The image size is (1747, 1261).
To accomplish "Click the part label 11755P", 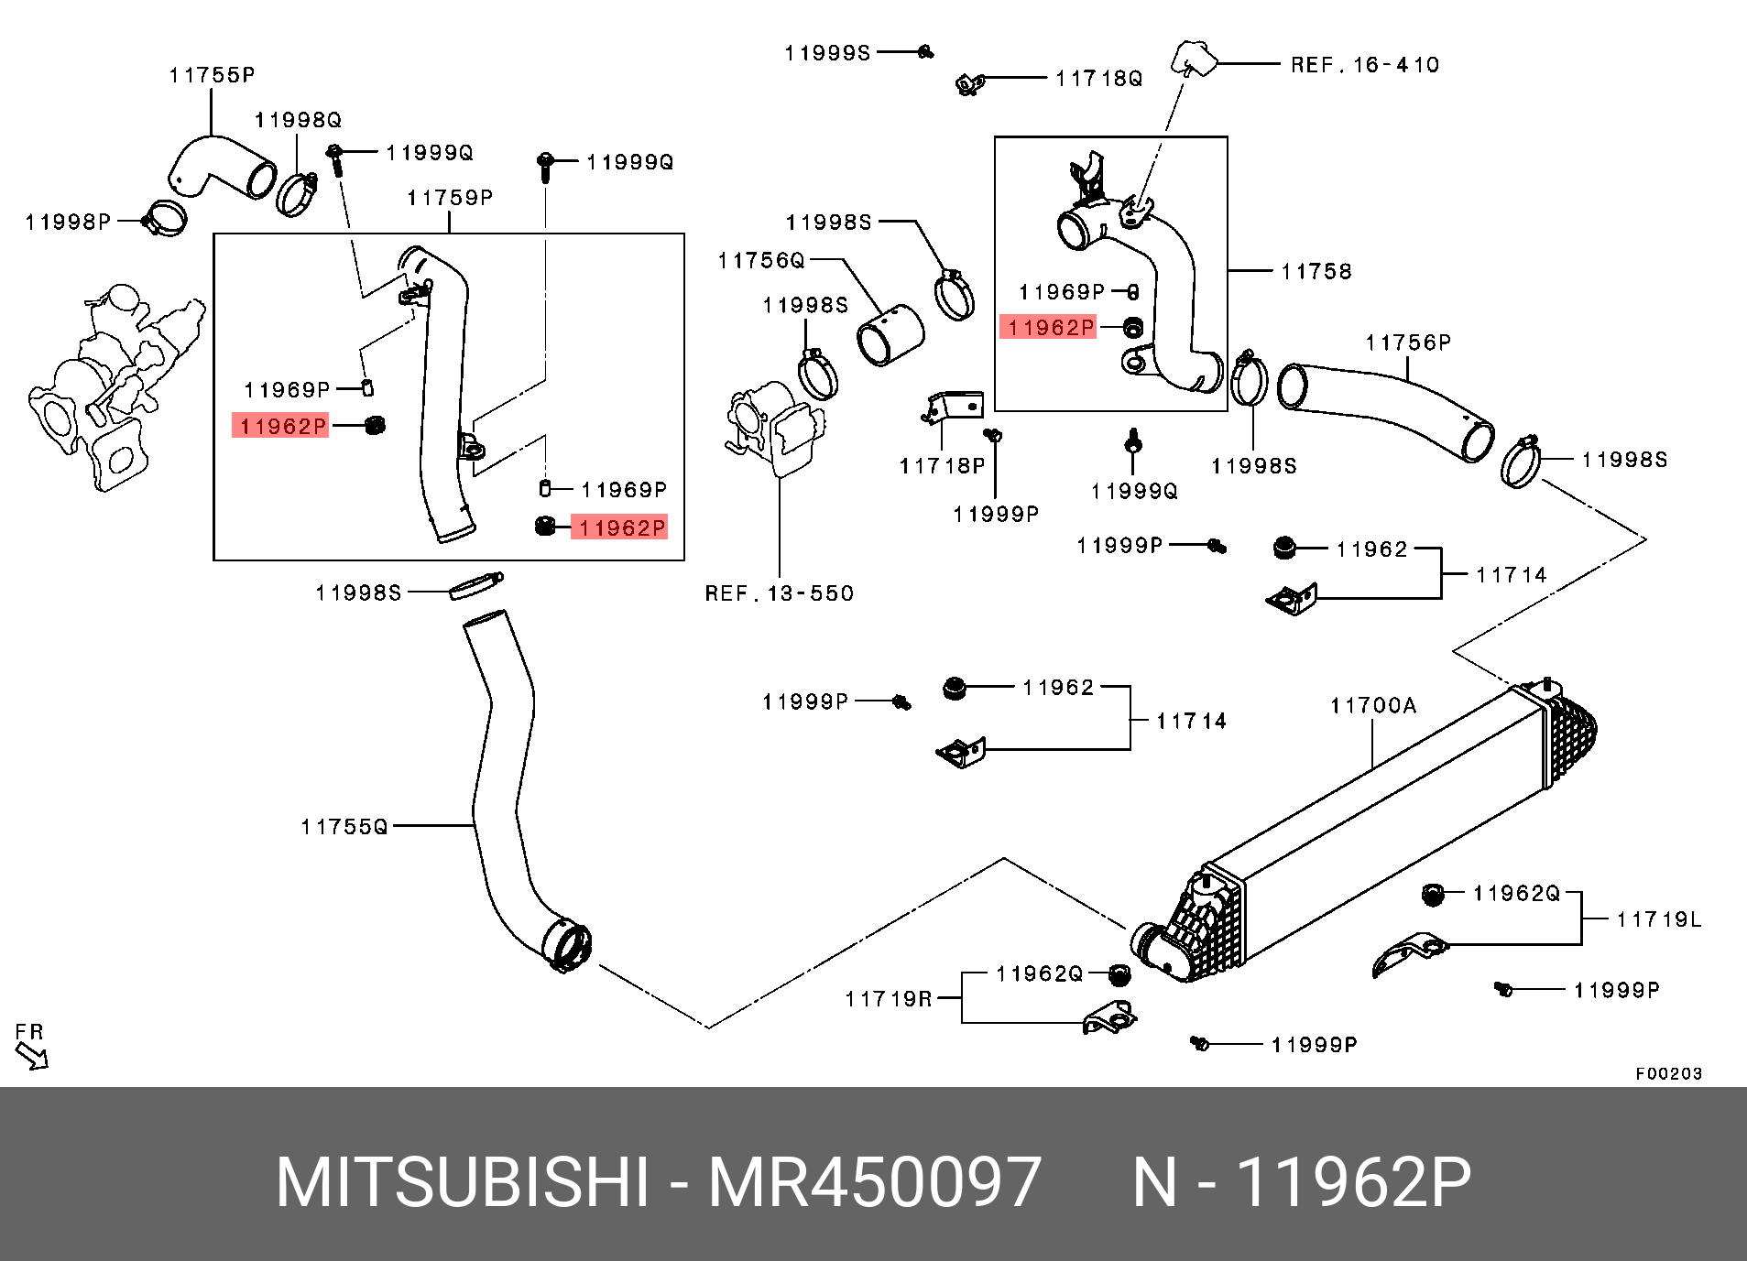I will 212,75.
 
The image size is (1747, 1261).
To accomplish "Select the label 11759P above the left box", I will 450,198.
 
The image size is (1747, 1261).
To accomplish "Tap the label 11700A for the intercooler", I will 1372,705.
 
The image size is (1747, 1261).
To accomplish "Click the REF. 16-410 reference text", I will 1364,65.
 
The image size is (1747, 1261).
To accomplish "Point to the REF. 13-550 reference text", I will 779,593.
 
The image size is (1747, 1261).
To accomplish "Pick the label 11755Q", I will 344,827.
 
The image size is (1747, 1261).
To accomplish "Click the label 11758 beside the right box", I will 1316,271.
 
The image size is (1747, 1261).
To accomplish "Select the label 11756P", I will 1408,342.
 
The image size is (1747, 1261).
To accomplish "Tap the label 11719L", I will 1658,919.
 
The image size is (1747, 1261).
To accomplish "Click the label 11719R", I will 888,999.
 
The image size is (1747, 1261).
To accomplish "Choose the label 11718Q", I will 1098,79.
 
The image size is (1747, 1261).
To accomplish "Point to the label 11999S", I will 827,53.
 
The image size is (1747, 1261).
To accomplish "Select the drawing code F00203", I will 1668,1073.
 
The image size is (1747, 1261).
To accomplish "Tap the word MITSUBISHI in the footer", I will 463,1182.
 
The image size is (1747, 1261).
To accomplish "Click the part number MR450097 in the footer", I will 874,1182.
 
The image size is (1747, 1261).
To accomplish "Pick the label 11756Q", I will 760,261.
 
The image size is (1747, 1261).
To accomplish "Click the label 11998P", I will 68,222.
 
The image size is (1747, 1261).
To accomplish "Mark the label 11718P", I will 942,466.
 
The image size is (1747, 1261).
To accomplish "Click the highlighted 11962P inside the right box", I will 1049,327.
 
